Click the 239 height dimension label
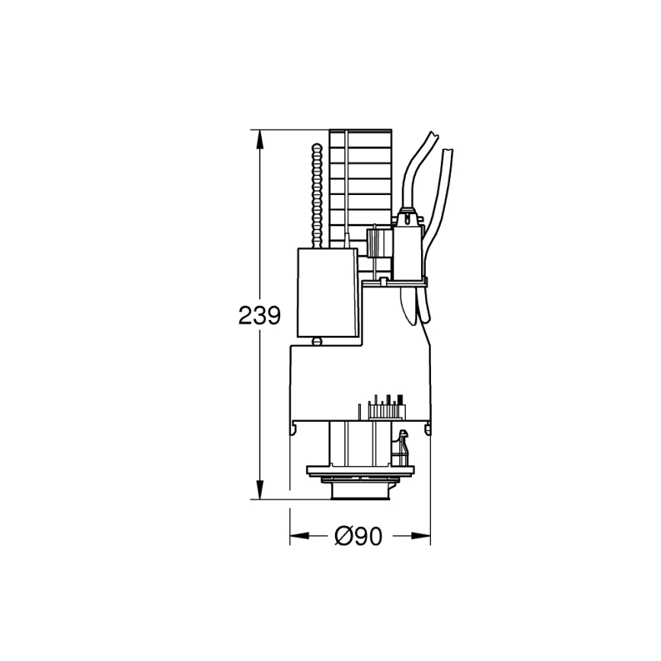[x=260, y=315]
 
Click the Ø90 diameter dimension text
[x=358, y=537]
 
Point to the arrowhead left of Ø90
[x=299, y=537]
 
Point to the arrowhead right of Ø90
[x=421, y=537]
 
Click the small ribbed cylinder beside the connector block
[x=374, y=244]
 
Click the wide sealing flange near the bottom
[x=360, y=473]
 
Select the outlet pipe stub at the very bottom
[x=360, y=493]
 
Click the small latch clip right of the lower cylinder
[x=403, y=445]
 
